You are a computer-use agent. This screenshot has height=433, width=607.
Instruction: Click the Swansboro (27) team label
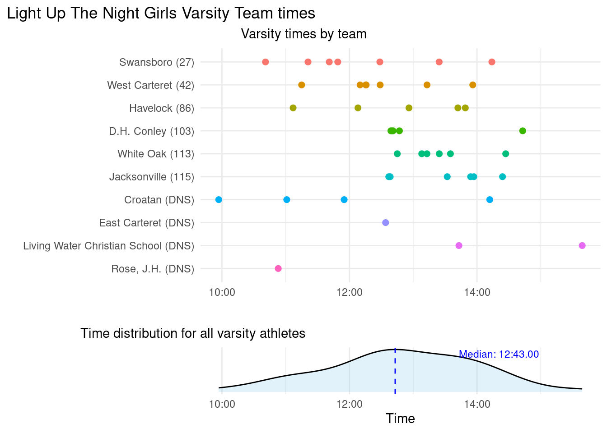157,62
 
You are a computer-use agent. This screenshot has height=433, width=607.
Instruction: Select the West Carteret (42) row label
150,85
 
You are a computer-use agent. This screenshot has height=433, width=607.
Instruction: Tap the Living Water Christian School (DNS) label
108,246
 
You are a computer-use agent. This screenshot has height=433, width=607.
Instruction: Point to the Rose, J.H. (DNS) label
153,269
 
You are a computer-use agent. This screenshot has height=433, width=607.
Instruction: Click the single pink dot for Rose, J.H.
278,269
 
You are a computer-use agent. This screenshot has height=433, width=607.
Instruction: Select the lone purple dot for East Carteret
385,223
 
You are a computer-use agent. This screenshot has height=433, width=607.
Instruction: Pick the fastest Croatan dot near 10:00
219,200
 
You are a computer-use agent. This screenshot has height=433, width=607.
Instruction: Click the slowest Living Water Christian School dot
582,246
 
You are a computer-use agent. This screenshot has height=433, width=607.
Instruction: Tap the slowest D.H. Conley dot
523,131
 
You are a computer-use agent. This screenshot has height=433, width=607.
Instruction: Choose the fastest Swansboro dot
266,62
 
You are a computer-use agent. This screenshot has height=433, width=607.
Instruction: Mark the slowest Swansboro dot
492,62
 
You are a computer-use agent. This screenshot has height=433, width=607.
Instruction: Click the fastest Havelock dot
293,108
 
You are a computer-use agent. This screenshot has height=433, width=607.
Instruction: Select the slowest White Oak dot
506,154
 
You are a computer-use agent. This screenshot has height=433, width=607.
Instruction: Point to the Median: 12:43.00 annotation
499,355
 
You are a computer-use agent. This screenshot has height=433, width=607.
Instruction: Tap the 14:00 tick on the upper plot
477,292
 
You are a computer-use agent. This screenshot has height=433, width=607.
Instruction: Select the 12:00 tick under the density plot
349,404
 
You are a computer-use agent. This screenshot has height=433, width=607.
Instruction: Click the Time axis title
400,419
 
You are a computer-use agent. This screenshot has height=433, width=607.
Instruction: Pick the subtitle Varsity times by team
303,34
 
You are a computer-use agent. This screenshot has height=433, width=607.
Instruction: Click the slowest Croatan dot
490,200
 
